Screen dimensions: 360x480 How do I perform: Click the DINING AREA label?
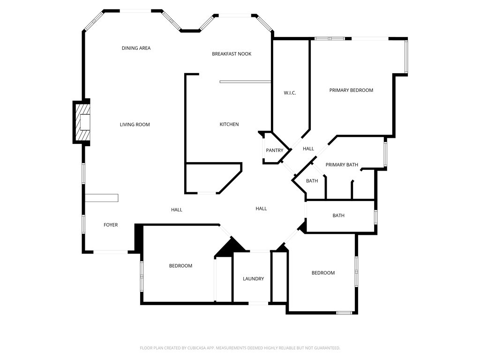pyautogui.click(x=136, y=48)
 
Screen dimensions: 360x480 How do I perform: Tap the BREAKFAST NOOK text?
pyautogui.click(x=232, y=54)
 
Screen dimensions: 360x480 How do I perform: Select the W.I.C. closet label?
pyautogui.click(x=290, y=93)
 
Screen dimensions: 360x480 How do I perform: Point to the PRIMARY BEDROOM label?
pyautogui.click(x=351, y=90)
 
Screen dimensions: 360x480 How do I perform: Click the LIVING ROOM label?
pyautogui.click(x=135, y=125)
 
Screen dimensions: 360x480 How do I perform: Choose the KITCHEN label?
pyautogui.click(x=229, y=124)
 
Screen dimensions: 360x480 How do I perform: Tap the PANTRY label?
pyautogui.click(x=274, y=150)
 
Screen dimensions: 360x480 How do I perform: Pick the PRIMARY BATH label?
pyautogui.click(x=342, y=165)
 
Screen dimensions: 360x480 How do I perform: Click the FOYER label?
pyautogui.click(x=111, y=225)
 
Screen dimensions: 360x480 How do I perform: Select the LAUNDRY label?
pyautogui.click(x=253, y=279)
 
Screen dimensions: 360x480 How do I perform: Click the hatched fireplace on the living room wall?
pyautogui.click(x=82, y=123)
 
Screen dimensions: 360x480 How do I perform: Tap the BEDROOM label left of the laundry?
pyautogui.click(x=180, y=266)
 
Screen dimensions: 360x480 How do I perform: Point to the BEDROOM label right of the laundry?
pyautogui.click(x=323, y=273)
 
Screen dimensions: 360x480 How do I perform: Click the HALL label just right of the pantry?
pyautogui.click(x=308, y=149)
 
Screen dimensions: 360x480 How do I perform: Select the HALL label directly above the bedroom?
pyautogui.click(x=176, y=210)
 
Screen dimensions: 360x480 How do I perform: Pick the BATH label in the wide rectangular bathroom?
pyautogui.click(x=338, y=216)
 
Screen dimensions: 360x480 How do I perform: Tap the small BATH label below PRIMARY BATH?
pyautogui.click(x=312, y=181)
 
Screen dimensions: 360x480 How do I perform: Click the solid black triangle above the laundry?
pyautogui.click(x=230, y=247)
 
